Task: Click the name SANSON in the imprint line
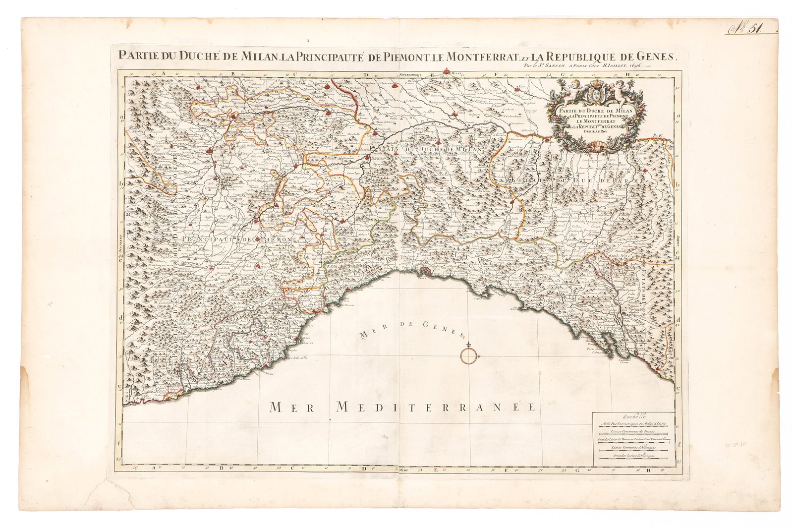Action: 557,65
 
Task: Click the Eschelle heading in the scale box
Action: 632,416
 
